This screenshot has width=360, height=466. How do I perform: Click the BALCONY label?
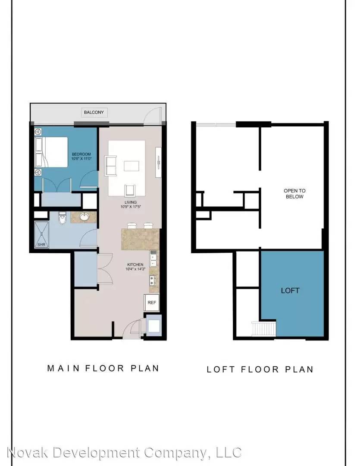(94, 112)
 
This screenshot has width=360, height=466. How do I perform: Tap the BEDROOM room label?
(81, 154)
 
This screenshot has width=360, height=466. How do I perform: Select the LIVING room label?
(131, 202)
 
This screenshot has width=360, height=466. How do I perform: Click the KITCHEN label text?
(135, 264)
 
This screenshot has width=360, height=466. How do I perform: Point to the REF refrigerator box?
(151, 302)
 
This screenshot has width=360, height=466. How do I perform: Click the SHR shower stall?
(41, 235)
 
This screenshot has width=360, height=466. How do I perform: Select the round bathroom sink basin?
(85, 217)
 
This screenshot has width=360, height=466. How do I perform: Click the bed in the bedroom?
(51, 152)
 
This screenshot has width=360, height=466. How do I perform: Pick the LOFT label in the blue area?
(290, 290)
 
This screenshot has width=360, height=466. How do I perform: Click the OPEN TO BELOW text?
(294, 193)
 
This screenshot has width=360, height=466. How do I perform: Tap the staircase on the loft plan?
(264, 329)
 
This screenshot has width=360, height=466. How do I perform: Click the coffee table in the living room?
(131, 166)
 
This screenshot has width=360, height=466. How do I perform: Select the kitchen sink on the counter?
(153, 258)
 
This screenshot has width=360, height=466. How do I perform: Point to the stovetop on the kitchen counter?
(153, 280)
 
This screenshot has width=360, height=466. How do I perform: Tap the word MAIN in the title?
(63, 368)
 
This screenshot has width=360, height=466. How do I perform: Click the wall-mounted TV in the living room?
(158, 162)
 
